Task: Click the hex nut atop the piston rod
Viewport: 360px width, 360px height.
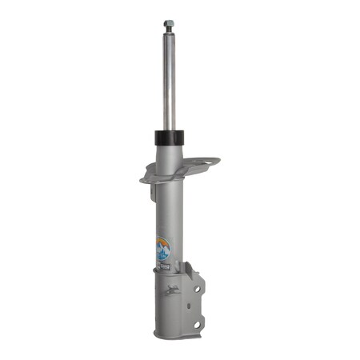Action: click(169, 24)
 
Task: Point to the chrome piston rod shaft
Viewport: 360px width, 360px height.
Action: click(169, 80)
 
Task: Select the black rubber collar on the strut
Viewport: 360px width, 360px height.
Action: click(169, 137)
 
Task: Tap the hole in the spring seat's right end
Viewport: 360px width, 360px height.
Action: click(210, 162)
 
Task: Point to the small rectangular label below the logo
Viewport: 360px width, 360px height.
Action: click(162, 262)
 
